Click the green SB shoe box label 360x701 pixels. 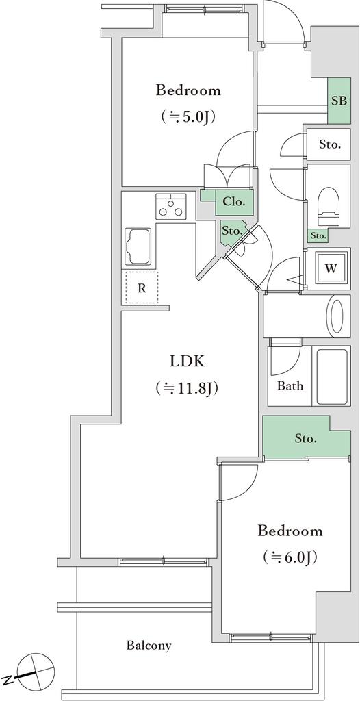[339, 101]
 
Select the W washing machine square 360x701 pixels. [331, 268]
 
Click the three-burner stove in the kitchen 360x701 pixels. [171, 207]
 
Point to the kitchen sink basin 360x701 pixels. [139, 247]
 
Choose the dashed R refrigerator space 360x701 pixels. [141, 288]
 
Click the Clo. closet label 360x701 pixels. [234, 202]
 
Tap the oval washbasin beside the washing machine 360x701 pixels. [336, 316]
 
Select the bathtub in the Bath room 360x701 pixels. [332, 376]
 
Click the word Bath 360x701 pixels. [290, 386]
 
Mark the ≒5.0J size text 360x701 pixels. [188, 117]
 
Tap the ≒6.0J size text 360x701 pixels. [290, 557]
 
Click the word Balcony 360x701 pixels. [149, 646]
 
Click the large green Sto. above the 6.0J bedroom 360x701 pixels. [306, 439]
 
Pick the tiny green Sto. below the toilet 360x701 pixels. [318, 235]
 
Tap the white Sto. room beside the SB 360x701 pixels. [331, 145]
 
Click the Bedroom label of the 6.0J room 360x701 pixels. [290, 531]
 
